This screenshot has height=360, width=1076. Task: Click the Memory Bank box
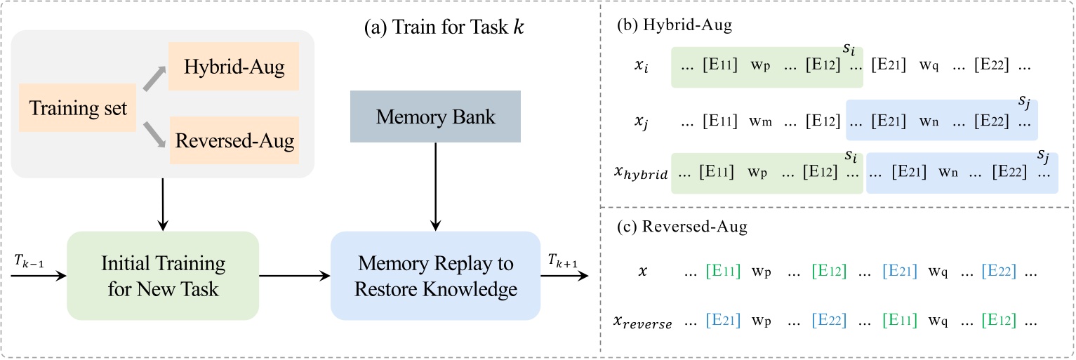click(x=436, y=116)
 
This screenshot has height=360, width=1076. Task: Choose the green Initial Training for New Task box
click(x=163, y=276)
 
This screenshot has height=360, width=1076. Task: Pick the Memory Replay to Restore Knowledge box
click(x=435, y=276)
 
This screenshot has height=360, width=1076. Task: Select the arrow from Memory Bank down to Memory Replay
click(x=436, y=186)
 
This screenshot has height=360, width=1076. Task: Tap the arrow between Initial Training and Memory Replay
click(x=295, y=276)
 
